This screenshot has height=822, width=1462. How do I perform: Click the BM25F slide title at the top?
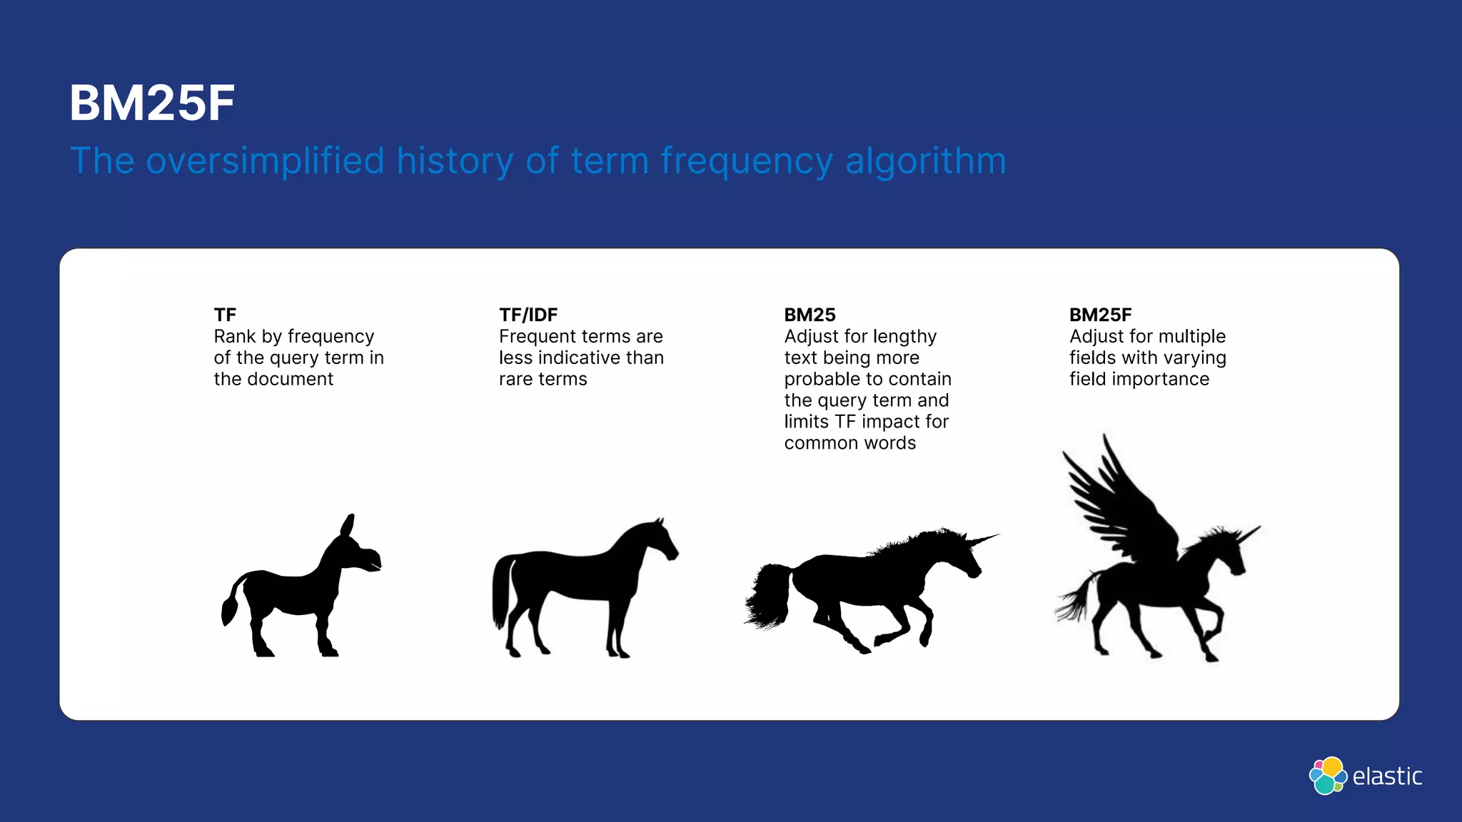(152, 103)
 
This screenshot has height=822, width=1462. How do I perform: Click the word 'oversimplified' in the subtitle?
(265, 161)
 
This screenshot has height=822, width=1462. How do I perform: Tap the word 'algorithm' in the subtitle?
(925, 161)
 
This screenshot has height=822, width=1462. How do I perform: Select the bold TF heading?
(225, 315)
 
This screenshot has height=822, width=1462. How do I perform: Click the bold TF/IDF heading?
(528, 315)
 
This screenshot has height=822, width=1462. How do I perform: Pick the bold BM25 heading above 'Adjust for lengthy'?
(810, 315)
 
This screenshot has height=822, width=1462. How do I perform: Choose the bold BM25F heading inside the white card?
(1100, 315)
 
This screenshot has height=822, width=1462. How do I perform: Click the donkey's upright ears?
(347, 526)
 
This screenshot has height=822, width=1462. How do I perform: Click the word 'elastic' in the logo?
(1387, 776)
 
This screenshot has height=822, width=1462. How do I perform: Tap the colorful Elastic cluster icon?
(1328, 776)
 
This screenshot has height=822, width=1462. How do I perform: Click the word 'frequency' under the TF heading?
(331, 337)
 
